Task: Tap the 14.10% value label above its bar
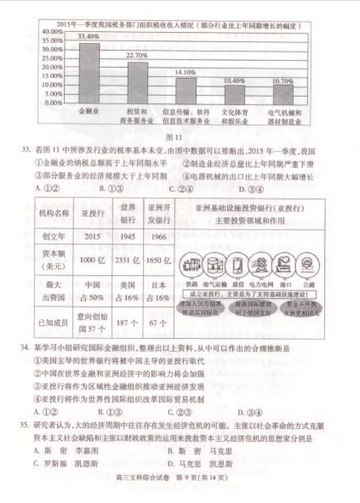(185, 72)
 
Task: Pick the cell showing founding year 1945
(127, 236)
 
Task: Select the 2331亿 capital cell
(127, 260)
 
